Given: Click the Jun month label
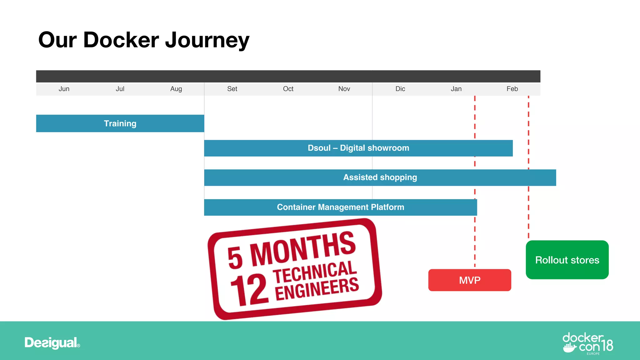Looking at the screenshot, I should coord(64,89).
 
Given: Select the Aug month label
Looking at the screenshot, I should coord(176,89).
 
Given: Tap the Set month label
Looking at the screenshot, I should coord(232,89).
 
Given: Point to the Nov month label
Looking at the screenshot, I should coord(344,89).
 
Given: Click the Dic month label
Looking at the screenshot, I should coord(400,89).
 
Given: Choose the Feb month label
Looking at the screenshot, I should coord(512,89).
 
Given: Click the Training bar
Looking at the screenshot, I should coord(120,123).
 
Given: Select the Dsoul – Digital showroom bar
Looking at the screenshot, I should coord(358,148).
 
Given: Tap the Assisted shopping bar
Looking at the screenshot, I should coord(380,177).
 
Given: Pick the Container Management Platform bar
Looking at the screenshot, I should coord(340,207).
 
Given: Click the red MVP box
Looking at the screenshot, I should coord(469,280).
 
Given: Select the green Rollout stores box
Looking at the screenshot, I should coord(567,260).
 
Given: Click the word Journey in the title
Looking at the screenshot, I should coord(207,41).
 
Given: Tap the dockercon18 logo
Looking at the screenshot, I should coord(587,343).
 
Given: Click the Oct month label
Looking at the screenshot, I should coord(288,89).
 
